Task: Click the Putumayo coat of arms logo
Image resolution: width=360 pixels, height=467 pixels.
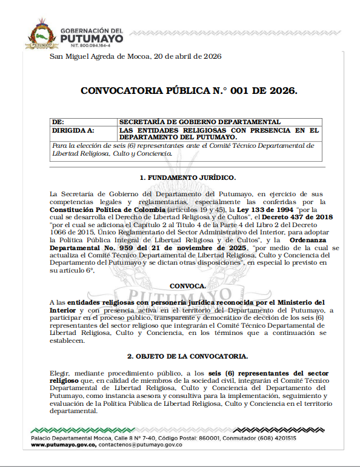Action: pyautogui.click(x=41, y=33)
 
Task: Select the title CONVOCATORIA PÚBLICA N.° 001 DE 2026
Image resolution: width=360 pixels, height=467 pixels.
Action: pyautogui.click(x=189, y=91)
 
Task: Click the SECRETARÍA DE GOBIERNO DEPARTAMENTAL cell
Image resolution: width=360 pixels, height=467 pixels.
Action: pyautogui.click(x=199, y=122)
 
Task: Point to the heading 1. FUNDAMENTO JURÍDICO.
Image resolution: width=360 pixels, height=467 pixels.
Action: pyautogui.click(x=187, y=177)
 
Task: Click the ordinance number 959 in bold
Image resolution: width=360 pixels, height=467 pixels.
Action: pyautogui.click(x=134, y=249)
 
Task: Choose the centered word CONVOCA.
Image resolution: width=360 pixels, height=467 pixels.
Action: pyautogui.click(x=188, y=285)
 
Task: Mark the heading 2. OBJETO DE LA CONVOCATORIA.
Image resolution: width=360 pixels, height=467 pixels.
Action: pyautogui.click(x=188, y=356)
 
